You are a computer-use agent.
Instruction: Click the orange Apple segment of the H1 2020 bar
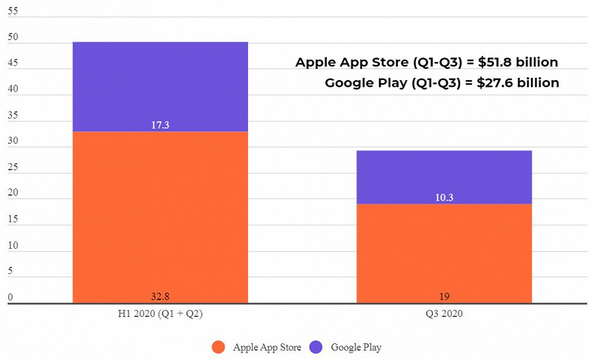click(160, 217)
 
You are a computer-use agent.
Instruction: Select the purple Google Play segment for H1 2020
click(160, 87)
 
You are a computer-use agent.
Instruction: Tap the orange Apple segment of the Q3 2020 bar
click(444, 253)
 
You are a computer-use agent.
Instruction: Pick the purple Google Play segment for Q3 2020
click(444, 177)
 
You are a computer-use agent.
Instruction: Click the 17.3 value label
click(160, 125)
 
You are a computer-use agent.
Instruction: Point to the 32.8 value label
click(160, 296)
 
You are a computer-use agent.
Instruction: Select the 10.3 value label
click(444, 197)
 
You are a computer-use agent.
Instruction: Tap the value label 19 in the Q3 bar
click(444, 296)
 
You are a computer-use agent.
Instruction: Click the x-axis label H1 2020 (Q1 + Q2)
click(160, 314)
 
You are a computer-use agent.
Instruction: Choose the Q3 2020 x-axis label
click(444, 314)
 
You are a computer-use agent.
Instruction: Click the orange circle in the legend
click(219, 347)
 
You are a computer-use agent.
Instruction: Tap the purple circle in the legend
click(316, 347)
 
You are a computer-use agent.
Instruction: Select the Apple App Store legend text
click(267, 347)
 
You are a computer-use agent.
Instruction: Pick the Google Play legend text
click(356, 347)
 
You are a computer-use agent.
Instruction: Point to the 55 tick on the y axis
click(13, 11)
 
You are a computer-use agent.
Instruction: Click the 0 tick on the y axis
click(10, 296)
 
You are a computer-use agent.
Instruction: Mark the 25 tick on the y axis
click(13, 166)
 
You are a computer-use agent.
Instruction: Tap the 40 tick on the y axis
click(13, 88)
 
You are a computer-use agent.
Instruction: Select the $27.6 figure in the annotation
click(495, 82)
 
